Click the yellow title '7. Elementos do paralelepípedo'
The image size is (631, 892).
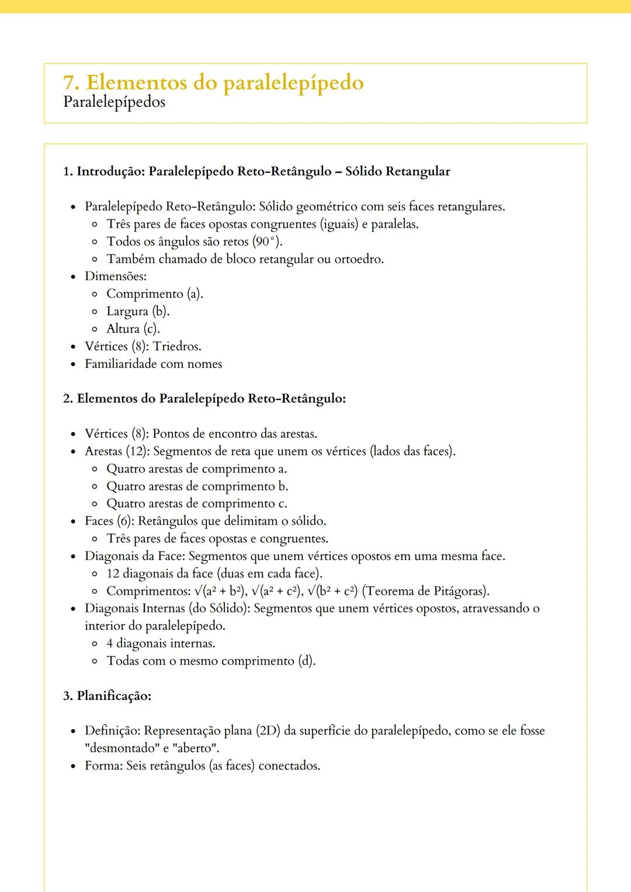tap(213, 83)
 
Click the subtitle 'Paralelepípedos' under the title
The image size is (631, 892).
tap(114, 102)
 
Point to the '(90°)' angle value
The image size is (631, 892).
tap(266, 242)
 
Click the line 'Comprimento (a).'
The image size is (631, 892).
tap(154, 294)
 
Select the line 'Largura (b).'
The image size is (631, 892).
tap(137, 312)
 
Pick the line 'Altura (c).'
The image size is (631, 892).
tap(133, 329)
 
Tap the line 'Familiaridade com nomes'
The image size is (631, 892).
tap(153, 364)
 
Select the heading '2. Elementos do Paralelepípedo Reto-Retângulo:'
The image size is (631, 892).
tap(204, 399)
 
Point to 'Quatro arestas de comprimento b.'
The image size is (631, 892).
tap(197, 486)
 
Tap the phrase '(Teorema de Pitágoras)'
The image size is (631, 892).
tap(425, 591)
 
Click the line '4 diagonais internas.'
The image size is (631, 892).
tap(161, 644)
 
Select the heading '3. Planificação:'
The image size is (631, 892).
tap(107, 696)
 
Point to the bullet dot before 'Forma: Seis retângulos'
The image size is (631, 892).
tap(73, 766)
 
